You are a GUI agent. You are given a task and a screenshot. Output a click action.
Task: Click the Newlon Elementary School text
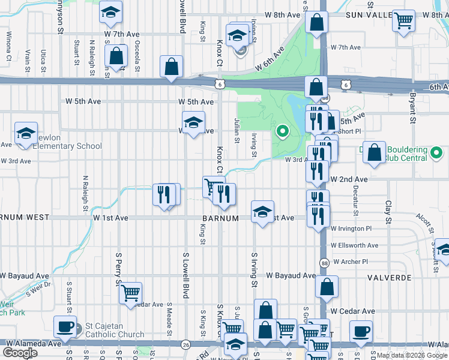point(67,146)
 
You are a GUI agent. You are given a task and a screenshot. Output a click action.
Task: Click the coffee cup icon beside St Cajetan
point(65,328)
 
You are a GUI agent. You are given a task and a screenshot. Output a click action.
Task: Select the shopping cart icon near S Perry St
point(130,293)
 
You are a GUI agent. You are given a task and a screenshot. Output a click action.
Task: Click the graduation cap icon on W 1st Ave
point(263,212)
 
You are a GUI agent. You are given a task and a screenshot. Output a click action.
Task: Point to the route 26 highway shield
point(186,344)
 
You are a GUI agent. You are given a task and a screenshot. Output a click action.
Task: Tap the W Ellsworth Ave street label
point(354,245)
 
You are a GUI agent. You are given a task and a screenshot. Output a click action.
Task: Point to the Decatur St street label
point(355,200)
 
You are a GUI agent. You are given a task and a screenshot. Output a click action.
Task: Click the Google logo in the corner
point(20,353)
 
